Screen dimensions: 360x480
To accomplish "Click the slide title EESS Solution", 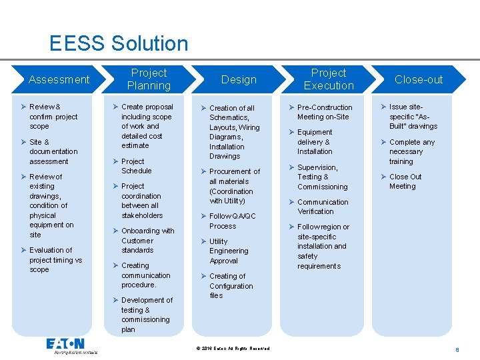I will tap(119, 44).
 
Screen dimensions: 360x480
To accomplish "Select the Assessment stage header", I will tap(59, 79).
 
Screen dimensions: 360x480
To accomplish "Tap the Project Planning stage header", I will tap(149, 79).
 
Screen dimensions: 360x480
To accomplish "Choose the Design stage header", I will tap(239, 79).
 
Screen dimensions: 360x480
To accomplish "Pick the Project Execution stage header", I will tap(329, 79).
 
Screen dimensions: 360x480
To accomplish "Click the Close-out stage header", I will tap(419, 79).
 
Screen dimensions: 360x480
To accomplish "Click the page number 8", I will tap(457, 349).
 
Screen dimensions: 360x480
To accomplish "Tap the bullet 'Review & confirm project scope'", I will tap(53, 117).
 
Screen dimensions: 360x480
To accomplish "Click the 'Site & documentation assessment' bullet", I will tap(53, 151).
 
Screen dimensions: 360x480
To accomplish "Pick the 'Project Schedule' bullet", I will tap(136, 166).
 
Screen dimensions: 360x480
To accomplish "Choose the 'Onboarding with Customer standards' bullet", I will tap(147, 240).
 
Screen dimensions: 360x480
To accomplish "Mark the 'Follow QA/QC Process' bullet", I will tap(231, 221).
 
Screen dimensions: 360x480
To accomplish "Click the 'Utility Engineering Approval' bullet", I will tap(229, 251).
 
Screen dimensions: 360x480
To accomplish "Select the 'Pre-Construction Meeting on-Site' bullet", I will tap(324, 112).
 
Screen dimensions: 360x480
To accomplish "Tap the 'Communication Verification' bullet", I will tap(323, 207).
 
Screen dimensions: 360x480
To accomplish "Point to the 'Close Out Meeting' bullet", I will tap(405, 181).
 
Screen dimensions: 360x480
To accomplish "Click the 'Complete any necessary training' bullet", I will tap(411, 151).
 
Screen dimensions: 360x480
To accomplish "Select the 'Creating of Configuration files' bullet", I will tap(231, 285).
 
